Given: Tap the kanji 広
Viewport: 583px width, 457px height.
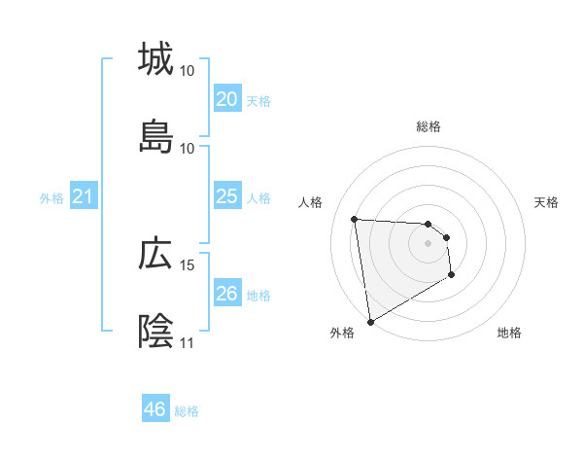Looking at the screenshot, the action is (x=155, y=254).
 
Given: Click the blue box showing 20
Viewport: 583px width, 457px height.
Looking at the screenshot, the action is (x=226, y=99).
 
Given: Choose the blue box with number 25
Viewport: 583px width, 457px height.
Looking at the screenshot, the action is (x=226, y=196).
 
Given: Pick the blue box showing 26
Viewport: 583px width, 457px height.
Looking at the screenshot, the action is (x=226, y=294).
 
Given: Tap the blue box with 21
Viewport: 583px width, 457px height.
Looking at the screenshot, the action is (x=83, y=197).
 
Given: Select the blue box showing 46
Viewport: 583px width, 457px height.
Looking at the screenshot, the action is (x=154, y=409).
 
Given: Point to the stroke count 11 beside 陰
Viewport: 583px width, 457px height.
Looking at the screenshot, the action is (x=188, y=342).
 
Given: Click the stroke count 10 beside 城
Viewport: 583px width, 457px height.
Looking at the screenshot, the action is (x=188, y=71).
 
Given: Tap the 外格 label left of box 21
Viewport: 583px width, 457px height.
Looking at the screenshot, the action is (x=51, y=198).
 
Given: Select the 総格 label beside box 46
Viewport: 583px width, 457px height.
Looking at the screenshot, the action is (x=187, y=410).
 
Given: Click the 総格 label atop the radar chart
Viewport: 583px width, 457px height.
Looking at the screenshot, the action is (x=429, y=126).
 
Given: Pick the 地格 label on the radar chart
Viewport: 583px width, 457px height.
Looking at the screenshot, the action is (x=509, y=333).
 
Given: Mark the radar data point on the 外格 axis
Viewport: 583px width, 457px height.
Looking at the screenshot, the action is (x=369, y=321).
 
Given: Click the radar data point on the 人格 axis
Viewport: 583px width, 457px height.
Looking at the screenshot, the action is (x=355, y=219).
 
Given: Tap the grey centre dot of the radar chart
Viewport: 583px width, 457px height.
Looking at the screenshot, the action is (x=429, y=243).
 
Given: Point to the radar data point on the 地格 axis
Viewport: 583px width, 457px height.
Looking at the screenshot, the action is (x=451, y=275).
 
